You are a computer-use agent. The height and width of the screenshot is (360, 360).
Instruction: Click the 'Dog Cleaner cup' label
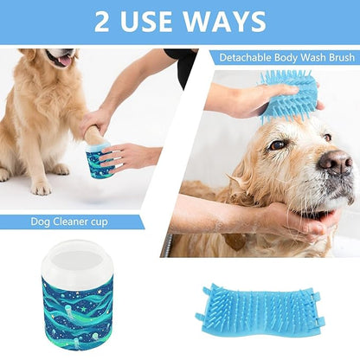coord(70,222)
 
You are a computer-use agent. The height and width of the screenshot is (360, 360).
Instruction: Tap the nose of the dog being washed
coord(335,161)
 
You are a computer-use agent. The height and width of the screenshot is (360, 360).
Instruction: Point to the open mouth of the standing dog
coord(62,61)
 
